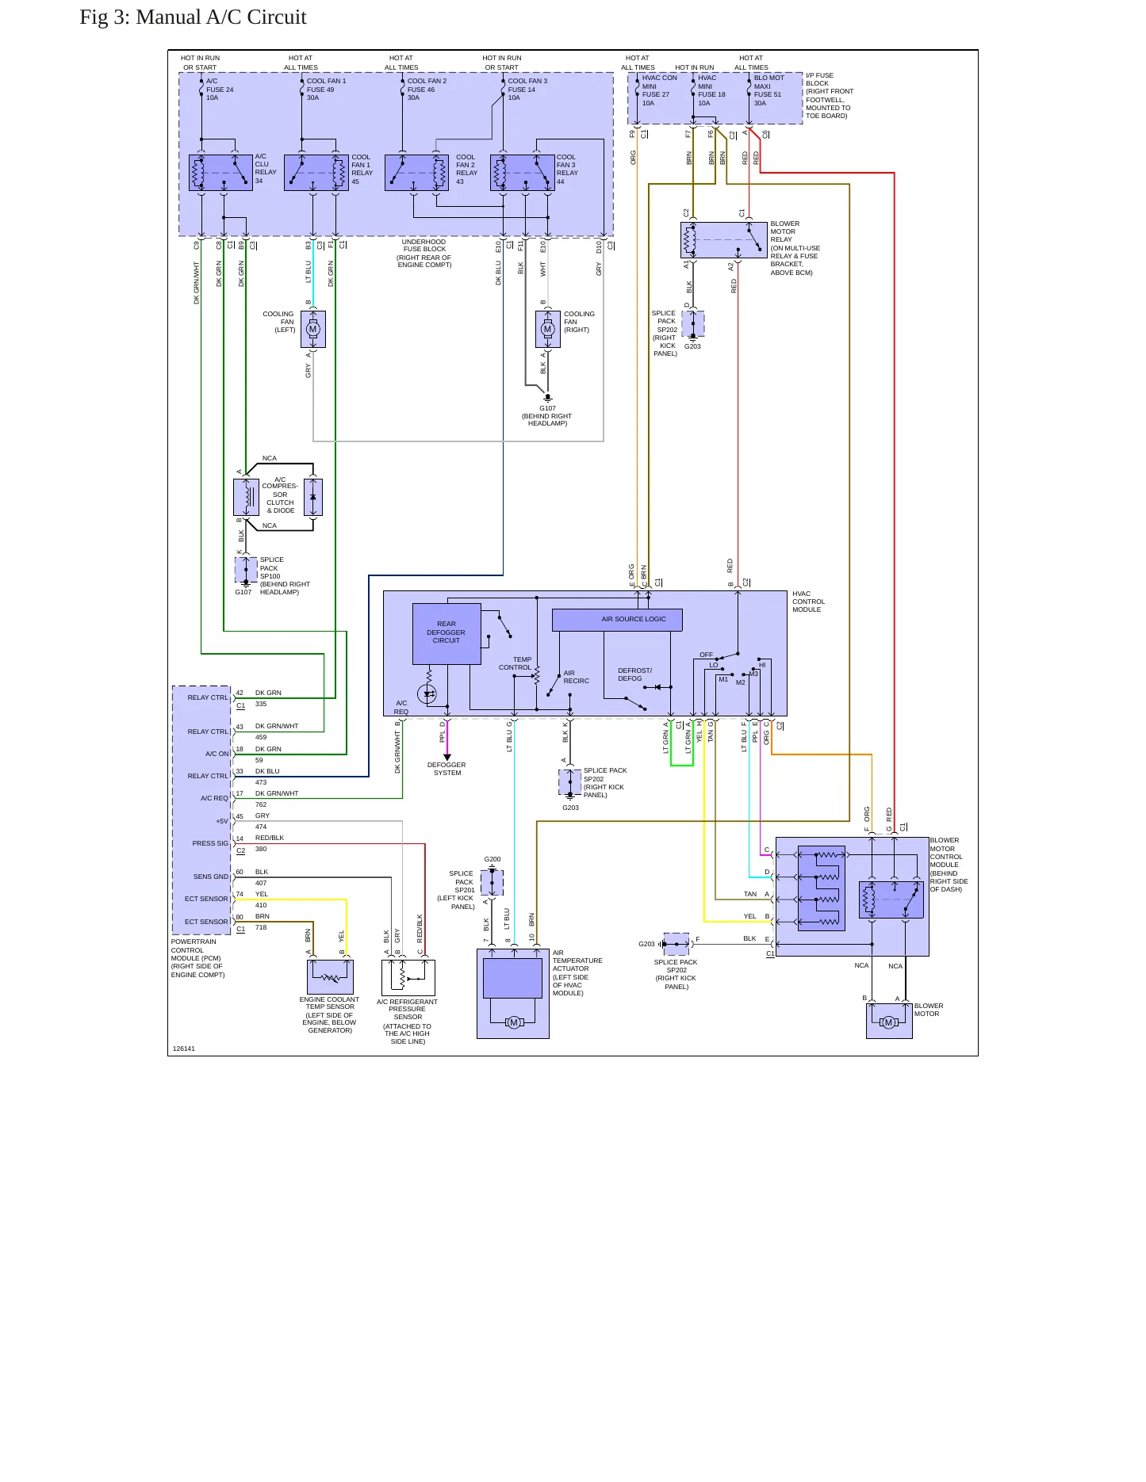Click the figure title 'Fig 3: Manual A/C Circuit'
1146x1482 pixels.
193,17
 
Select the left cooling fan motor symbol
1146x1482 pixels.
312,330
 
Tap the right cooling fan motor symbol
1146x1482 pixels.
547,330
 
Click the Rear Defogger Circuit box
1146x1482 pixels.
447,633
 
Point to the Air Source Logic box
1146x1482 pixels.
617,620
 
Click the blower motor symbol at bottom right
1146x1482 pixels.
889,1022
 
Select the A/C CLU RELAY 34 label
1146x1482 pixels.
266,169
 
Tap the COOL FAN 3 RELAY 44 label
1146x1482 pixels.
567,169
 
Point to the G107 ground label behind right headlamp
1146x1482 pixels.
547,416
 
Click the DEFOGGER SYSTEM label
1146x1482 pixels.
447,769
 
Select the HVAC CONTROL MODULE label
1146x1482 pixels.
808,602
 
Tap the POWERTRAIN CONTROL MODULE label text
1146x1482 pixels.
197,958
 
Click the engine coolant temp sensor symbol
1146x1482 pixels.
330,977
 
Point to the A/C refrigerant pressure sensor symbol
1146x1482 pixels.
408,977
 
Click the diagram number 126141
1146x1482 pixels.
184,1048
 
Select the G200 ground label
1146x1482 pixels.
493,859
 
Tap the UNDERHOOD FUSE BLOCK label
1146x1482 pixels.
424,253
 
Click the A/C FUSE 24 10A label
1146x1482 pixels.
220,90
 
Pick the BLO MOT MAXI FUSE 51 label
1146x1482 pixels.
768,90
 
